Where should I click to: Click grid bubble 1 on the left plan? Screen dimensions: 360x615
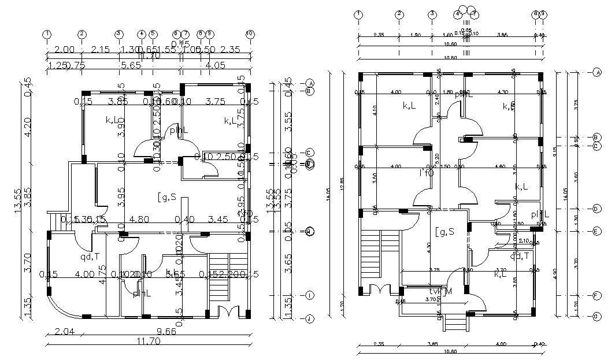[47, 34]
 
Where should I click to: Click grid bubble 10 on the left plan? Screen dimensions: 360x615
[250, 34]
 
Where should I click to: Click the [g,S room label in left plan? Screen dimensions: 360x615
[168, 198]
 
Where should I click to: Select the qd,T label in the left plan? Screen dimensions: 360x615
[90, 256]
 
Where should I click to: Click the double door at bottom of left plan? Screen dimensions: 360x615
[230, 311]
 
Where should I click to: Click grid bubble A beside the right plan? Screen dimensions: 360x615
[596, 72]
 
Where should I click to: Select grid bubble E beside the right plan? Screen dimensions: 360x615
[596, 231]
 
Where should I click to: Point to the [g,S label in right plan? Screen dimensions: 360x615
[444, 232]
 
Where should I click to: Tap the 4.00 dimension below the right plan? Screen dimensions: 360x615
[503, 344]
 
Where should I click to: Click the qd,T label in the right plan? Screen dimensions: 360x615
[520, 256]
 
